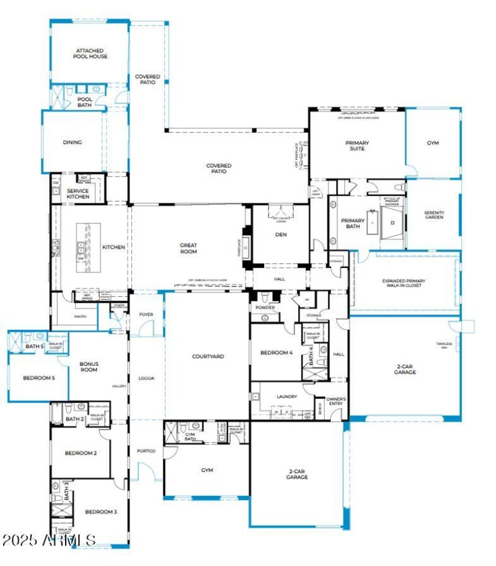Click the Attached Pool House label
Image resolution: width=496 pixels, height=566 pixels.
click(91, 53)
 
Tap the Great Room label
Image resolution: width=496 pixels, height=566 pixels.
click(188, 248)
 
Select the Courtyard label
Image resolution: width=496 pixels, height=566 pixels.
click(207, 356)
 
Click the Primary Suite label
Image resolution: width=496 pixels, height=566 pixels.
click(357, 146)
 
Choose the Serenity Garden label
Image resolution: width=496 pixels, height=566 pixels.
click(433, 215)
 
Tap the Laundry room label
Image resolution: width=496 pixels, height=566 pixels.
click(286, 397)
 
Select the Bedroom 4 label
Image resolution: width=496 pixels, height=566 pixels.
click(276, 352)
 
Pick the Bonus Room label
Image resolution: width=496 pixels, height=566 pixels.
click(89, 366)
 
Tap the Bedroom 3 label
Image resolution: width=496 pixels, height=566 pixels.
click(101, 511)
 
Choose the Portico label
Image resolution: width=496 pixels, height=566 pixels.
click(146, 451)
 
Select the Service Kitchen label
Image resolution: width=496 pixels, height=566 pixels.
click(78, 193)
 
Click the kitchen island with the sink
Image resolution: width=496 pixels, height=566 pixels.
click(82, 247)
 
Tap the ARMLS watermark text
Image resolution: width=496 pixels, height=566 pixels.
click(48, 541)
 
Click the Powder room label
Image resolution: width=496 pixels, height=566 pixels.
click(264, 307)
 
